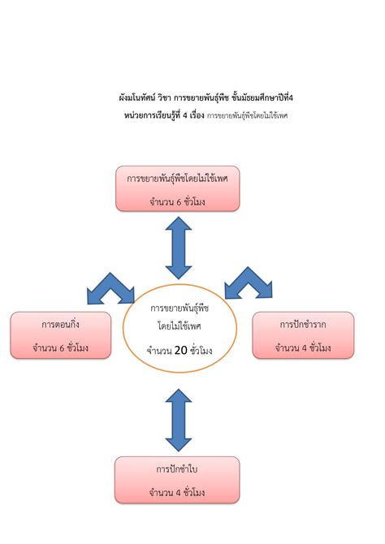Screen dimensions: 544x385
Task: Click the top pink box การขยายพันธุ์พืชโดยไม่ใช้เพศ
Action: (x=177, y=188)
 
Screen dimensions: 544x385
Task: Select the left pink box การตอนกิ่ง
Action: (x=60, y=335)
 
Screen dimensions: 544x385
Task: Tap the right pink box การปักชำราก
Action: (x=302, y=335)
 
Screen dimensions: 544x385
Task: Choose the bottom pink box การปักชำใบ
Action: (x=177, y=480)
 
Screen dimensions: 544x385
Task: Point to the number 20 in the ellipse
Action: (x=181, y=351)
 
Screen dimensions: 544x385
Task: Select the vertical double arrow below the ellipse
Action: (x=179, y=420)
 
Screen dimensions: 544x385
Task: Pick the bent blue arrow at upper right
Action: (x=249, y=283)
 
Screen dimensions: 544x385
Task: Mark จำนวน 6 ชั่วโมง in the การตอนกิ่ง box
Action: (x=60, y=348)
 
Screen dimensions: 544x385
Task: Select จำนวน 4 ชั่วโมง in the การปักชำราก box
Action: (x=303, y=348)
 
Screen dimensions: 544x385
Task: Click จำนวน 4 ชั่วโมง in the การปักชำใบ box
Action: (x=177, y=492)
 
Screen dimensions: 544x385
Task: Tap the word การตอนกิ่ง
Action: (x=60, y=324)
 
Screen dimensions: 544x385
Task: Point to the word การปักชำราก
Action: (x=303, y=324)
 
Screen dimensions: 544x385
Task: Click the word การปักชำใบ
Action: (x=177, y=469)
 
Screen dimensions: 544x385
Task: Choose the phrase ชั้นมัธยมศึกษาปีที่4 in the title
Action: (x=257, y=98)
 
